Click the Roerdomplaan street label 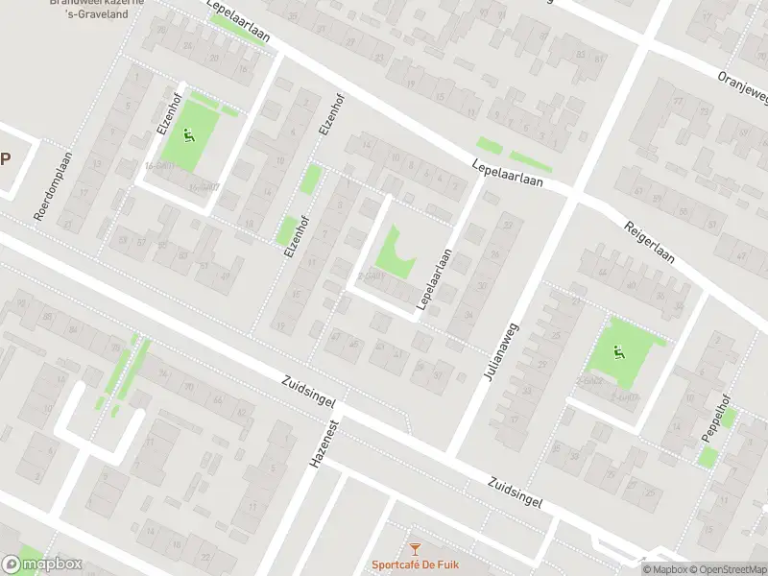[x=54, y=190]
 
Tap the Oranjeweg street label [x=743, y=87]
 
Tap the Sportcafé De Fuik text [x=415, y=564]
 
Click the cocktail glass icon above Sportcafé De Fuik [x=415, y=549]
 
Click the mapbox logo [x=42, y=564]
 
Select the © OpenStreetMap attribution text [x=725, y=569]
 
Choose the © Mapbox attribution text [x=662, y=569]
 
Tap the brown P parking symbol [x=6, y=159]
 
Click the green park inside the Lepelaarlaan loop [x=394, y=252]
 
